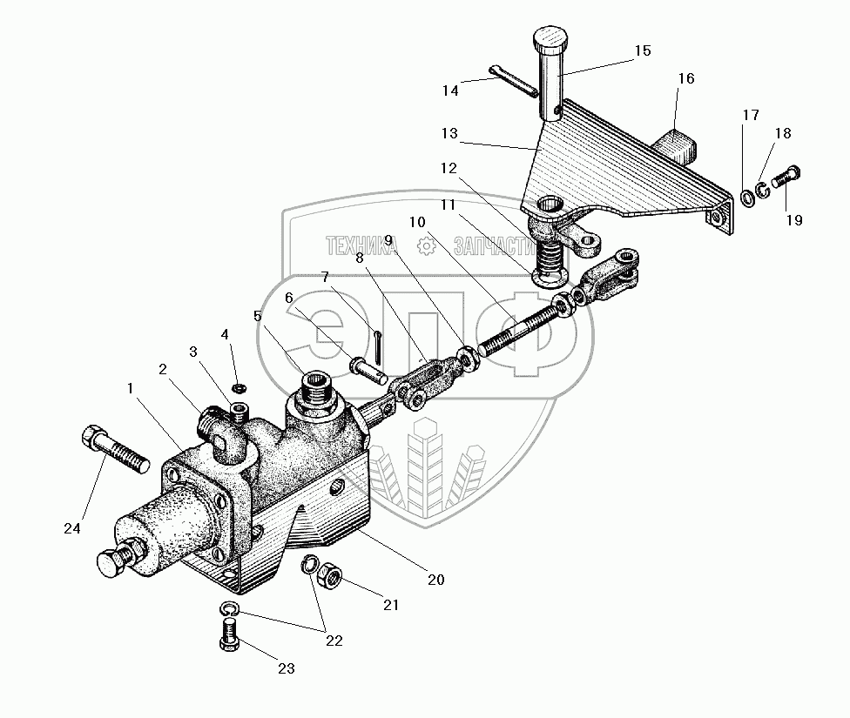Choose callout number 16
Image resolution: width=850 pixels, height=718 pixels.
pyautogui.click(x=685, y=78)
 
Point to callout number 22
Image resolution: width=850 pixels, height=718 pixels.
pyautogui.click(x=334, y=641)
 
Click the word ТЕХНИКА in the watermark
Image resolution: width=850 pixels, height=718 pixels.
pyautogui.click(x=361, y=246)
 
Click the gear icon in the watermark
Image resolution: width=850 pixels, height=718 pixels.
pyautogui.click(x=426, y=246)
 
